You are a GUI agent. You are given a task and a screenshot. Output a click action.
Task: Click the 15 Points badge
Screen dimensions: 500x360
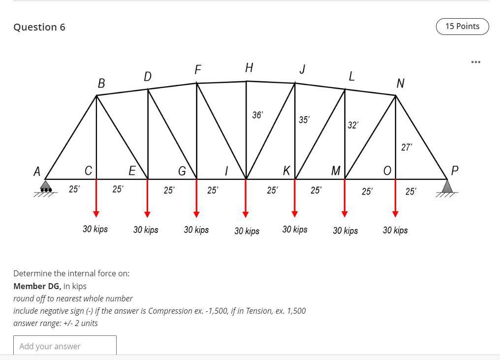tap(462, 27)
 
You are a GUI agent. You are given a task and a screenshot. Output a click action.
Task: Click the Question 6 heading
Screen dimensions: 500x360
tap(39, 27)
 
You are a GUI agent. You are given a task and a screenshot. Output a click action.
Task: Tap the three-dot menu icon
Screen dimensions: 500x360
tap(475, 62)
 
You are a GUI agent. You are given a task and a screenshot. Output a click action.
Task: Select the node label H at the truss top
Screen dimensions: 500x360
tap(249, 68)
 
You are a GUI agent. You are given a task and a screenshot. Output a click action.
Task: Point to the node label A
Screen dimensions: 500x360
tap(36, 172)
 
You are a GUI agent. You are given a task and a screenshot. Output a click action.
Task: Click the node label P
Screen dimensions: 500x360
tap(454, 171)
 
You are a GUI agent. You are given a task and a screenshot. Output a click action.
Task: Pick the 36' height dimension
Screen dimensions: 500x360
tap(257, 115)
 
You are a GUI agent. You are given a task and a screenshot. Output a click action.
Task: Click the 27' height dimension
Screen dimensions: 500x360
tap(406, 147)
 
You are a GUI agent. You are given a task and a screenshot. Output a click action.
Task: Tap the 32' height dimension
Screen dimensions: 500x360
tap(353, 125)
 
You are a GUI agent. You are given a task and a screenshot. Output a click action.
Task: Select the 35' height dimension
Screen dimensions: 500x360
tap(304, 120)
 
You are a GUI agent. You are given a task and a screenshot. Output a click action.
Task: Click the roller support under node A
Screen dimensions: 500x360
tap(45, 188)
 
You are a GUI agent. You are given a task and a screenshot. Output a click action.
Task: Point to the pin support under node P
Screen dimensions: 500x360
tap(447, 187)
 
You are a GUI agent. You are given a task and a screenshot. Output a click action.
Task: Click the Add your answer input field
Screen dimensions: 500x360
tap(65, 346)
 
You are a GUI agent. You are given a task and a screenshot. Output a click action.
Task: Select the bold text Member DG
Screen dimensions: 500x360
tap(37, 286)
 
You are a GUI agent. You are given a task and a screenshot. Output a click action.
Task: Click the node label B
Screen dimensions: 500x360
tap(101, 84)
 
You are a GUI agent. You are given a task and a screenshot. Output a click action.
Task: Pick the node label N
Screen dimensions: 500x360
tap(400, 84)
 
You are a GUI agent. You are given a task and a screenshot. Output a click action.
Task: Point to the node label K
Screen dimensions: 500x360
tap(286, 170)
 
